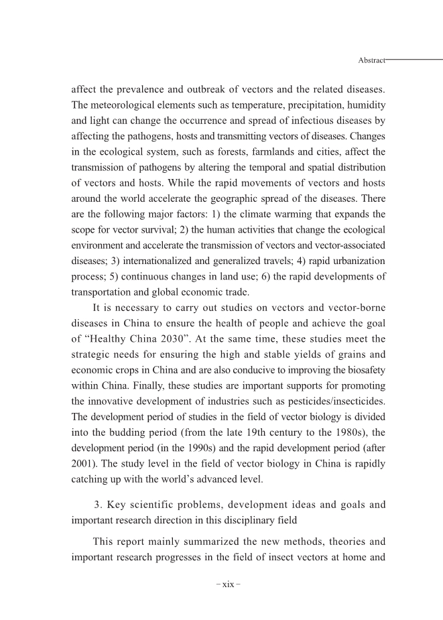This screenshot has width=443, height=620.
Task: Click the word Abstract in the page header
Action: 372,60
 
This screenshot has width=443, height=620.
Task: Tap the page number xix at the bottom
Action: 228,584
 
